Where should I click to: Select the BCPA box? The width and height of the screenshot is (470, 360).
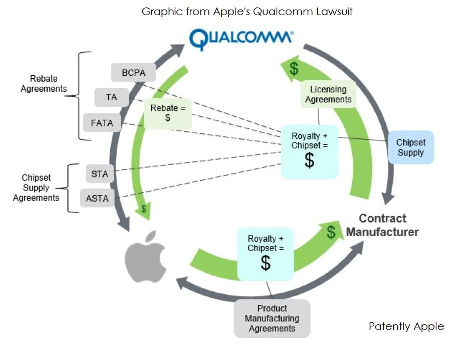133,73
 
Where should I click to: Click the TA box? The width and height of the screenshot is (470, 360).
111,97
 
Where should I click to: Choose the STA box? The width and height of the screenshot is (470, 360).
100,174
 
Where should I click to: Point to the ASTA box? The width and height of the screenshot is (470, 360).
97,198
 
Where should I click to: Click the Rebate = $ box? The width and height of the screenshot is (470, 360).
167,113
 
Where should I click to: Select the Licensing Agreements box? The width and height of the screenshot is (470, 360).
328,94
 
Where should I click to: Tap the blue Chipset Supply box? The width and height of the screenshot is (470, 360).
411,147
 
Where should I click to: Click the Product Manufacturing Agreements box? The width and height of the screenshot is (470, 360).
272,318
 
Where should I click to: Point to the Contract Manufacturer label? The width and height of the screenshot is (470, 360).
382,225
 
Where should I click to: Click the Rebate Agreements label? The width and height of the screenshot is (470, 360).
44,83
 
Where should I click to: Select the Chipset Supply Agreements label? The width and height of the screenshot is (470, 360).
36,188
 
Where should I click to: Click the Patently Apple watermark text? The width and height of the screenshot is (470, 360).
406,326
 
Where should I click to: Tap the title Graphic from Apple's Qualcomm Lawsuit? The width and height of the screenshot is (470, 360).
247,11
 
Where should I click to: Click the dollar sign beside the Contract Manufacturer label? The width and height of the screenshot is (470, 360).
331,232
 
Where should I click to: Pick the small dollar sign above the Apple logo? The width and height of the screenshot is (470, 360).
144,209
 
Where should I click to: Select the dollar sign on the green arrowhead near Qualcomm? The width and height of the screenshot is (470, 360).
294,69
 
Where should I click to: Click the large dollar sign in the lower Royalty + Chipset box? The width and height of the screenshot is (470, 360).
266,263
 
